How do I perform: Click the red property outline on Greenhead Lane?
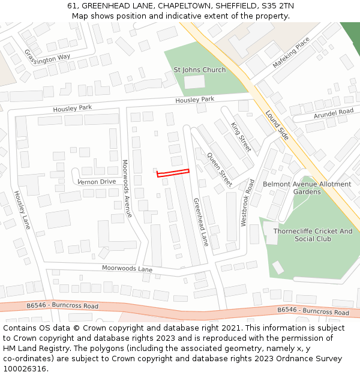click(173, 173)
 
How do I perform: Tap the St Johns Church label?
click(200, 70)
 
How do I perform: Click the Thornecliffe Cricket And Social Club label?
click(313, 235)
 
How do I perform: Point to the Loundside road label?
click(277, 125)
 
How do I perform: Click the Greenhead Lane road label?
click(201, 222)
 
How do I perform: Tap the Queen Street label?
click(219, 169)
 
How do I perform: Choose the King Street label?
click(241, 136)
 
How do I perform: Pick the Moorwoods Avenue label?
click(127, 188)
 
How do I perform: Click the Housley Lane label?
click(22, 209)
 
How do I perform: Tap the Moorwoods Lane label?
click(127, 268)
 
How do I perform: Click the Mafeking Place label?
click(292, 52)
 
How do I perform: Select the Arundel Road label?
click(333, 113)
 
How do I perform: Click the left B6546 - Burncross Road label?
click(62, 306)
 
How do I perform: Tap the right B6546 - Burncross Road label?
click(313, 311)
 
